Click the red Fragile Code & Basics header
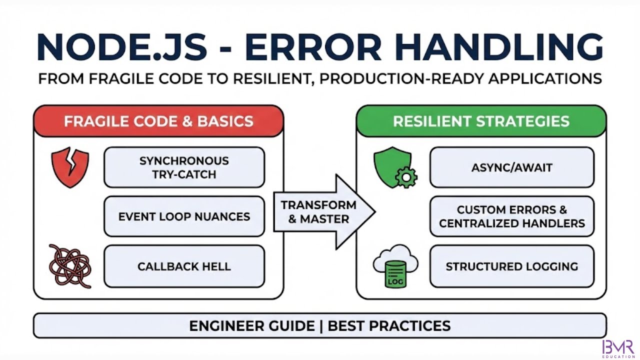tap(158, 121)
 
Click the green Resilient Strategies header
tap(481, 121)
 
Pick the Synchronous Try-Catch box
tap(184, 167)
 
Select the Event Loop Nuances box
tap(184, 216)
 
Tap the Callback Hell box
tap(184, 266)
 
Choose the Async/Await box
tap(511, 167)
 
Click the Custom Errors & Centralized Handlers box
tap(511, 216)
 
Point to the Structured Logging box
tap(511, 266)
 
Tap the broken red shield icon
tap(70, 167)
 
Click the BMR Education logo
tap(618, 348)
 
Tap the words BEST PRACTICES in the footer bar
tap(389, 326)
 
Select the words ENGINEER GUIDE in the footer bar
tap(251, 326)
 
